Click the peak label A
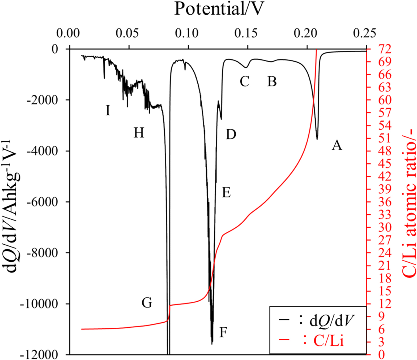pyautogui.click(x=337, y=145)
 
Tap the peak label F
pyautogui.click(x=223, y=332)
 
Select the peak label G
pyautogui.click(x=147, y=303)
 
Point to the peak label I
pyautogui.click(x=108, y=110)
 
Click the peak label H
pyautogui.click(x=139, y=133)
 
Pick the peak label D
pyautogui.click(x=231, y=135)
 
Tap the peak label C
pyautogui.click(x=244, y=81)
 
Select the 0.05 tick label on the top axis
pyautogui.click(x=127, y=33)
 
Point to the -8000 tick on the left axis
pyautogui.click(x=42, y=253)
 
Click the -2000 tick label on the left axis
pyautogui.click(x=42, y=100)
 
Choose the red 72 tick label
pyautogui.click(x=385, y=49)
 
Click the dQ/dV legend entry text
pyautogui.click(x=332, y=321)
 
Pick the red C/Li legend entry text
pyautogui.click(x=329, y=341)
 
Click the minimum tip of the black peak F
pyautogui.click(x=212, y=344)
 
